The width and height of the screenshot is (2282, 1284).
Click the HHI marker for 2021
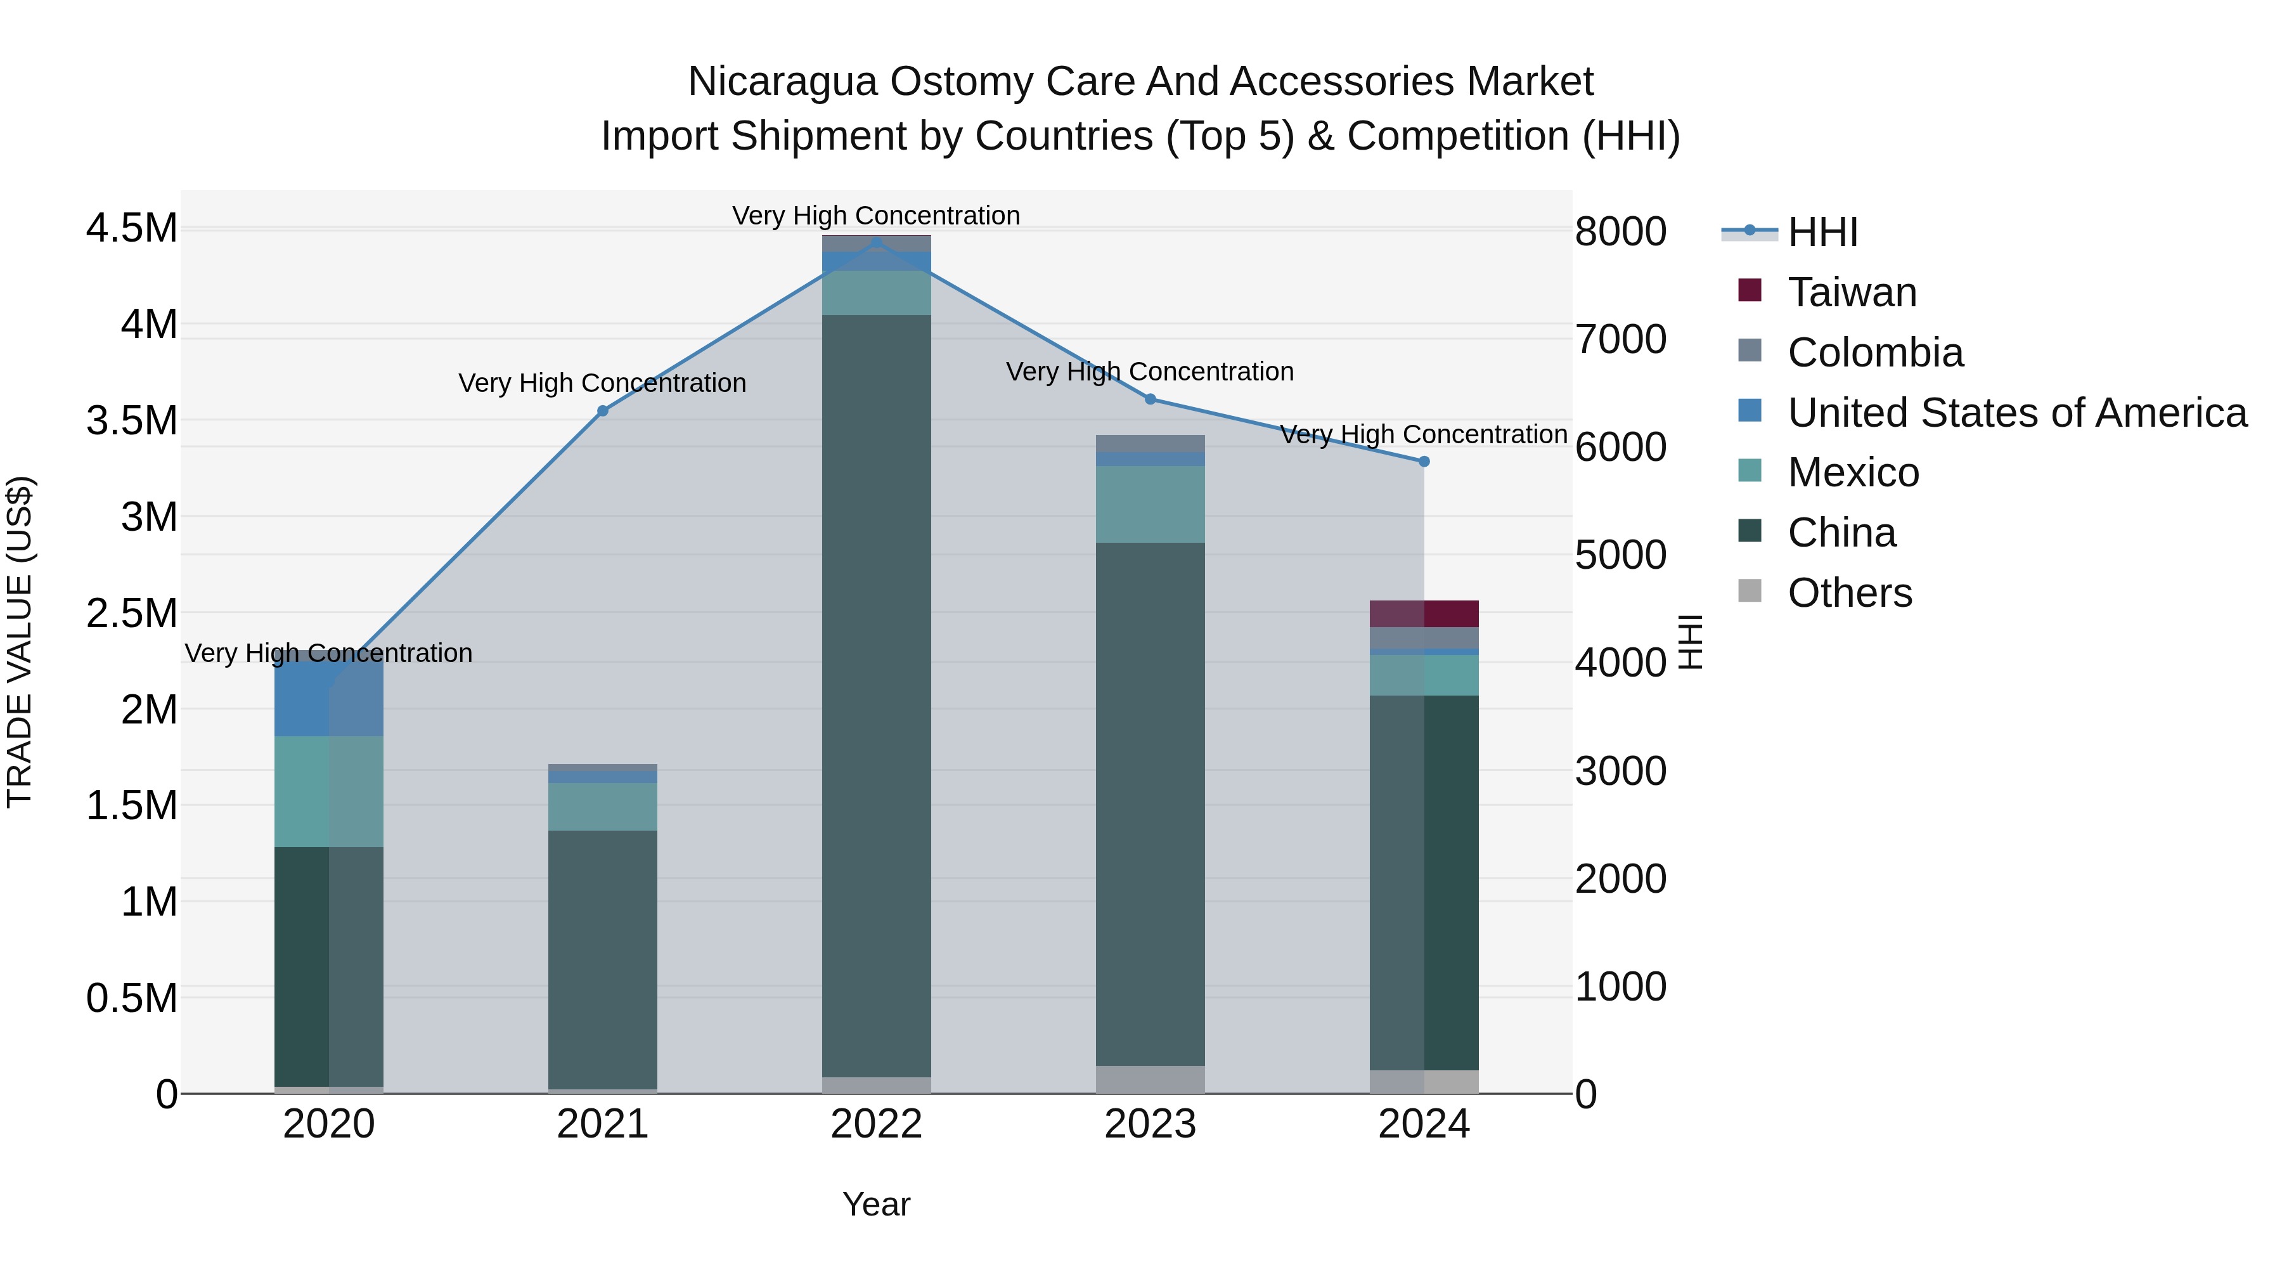[602, 410]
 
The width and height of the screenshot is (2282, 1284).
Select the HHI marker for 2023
[1150, 399]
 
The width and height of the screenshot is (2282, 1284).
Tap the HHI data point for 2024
[1424, 461]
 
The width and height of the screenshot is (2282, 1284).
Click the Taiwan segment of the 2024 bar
[1424, 613]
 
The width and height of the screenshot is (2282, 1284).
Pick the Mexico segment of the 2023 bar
[1150, 503]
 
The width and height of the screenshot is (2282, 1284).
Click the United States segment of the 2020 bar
[328, 698]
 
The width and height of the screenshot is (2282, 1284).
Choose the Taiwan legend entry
[1852, 292]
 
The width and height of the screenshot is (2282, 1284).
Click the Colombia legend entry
[1874, 353]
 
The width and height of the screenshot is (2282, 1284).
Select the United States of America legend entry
[2016, 413]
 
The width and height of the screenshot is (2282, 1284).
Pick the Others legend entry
[1849, 593]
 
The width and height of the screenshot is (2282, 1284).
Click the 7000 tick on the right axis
[1620, 339]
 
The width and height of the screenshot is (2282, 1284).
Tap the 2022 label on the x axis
[876, 1124]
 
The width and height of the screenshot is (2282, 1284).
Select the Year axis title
[876, 1204]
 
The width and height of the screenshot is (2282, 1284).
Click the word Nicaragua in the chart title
[782, 82]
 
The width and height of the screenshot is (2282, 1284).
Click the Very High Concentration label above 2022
[876, 216]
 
